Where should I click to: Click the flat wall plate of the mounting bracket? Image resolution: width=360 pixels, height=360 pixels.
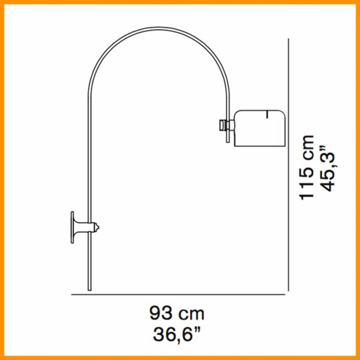[73, 227]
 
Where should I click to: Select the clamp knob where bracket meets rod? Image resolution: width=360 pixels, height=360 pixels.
[95, 227]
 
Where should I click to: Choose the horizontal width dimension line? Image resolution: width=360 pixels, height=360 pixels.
[180, 295]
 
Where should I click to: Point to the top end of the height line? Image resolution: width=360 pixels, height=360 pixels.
[290, 40]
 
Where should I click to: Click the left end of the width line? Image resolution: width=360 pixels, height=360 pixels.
[73, 295]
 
